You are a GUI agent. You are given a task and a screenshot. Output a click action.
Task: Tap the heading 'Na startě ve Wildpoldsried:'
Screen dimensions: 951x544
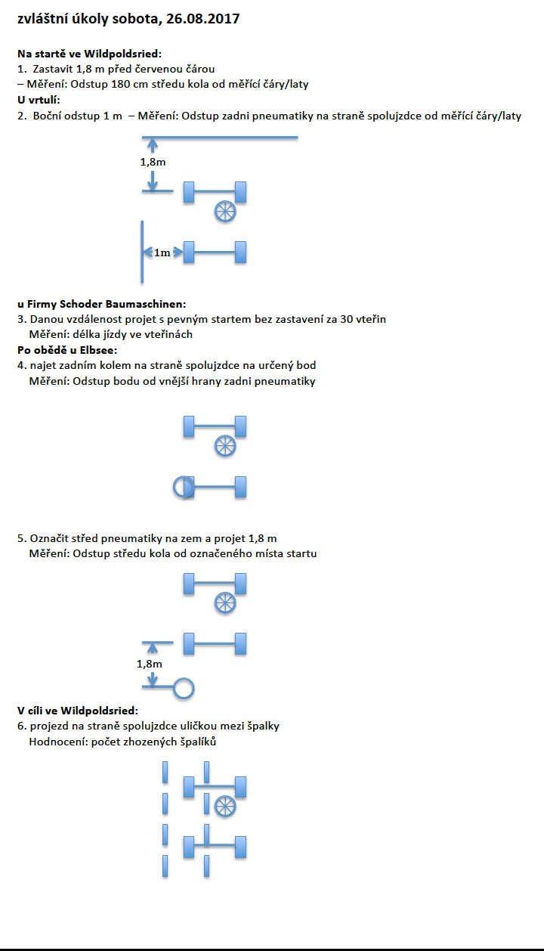(x=89, y=54)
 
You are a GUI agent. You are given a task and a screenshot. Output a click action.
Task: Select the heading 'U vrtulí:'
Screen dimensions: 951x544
(x=39, y=100)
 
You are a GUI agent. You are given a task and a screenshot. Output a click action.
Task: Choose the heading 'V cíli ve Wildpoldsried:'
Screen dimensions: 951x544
(x=78, y=711)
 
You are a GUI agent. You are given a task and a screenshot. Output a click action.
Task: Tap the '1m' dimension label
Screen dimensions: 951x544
(x=162, y=252)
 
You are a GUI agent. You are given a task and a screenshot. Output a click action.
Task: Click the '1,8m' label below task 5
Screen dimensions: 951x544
(x=149, y=664)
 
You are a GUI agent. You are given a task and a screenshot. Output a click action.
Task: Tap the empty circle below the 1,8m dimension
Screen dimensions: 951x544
(x=184, y=687)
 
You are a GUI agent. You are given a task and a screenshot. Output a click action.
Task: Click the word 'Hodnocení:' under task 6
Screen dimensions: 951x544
(x=57, y=742)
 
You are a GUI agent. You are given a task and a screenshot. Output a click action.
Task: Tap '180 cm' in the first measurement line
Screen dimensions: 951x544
(x=135, y=85)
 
